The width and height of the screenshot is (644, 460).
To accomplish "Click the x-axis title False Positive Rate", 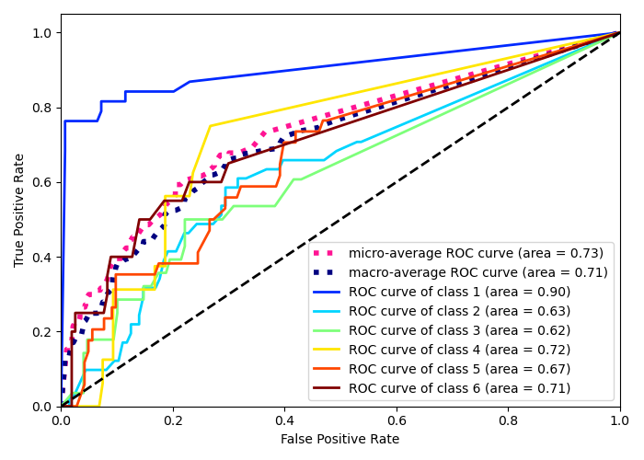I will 340,440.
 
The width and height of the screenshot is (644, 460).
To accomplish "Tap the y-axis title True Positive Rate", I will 20,210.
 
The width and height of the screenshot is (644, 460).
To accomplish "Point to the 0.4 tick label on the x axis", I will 284,420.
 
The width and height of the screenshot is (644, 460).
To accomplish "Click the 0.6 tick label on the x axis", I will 397,420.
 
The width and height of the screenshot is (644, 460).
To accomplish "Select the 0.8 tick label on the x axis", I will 508,420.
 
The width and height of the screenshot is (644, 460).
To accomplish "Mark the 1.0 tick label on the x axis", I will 620,420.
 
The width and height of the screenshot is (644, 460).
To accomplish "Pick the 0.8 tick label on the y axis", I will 42,108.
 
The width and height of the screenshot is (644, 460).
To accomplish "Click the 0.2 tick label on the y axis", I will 42,332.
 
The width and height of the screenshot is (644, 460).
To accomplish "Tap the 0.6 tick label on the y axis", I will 42,182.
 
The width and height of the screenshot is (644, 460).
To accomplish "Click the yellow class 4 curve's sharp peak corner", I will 210,125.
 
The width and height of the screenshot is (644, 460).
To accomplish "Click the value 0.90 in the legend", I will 550,292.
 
